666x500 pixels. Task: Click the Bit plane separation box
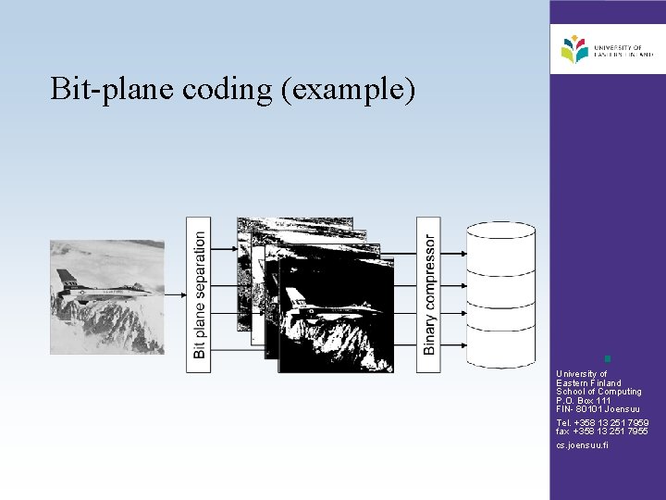[x=198, y=294]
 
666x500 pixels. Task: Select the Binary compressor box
[x=428, y=294]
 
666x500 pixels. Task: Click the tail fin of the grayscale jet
[x=67, y=277]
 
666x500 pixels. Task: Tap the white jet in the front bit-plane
[x=310, y=302]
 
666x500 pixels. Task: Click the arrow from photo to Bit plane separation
[x=175, y=294]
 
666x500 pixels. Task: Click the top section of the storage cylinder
[x=500, y=250]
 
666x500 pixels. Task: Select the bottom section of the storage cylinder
[x=500, y=347]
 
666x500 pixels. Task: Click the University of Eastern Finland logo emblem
[x=573, y=48]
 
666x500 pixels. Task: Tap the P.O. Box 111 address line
[x=584, y=400]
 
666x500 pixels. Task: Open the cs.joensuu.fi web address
[x=583, y=445]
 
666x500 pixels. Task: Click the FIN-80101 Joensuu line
[x=598, y=409]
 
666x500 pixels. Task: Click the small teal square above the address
[x=607, y=358]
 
